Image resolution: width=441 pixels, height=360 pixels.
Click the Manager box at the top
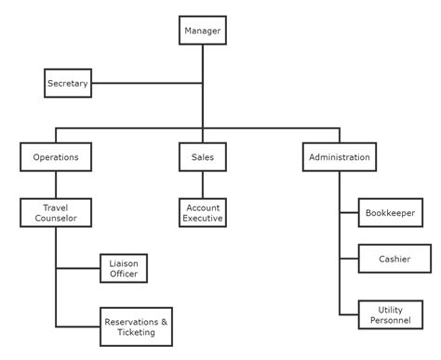tap(203, 32)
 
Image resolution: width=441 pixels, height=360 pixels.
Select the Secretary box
tap(67, 84)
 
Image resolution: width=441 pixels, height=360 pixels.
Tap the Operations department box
tap(56, 157)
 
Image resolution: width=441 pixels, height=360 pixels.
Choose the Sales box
tap(203, 157)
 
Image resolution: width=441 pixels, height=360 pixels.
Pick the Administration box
tap(340, 157)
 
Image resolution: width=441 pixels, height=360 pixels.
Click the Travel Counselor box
tap(56, 213)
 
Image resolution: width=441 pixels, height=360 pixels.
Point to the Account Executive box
tap(203, 213)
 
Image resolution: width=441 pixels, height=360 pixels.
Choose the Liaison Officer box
tap(124, 268)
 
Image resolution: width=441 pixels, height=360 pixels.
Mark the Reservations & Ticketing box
tap(136, 327)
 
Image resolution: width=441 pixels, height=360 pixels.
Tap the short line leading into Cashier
tap(350, 259)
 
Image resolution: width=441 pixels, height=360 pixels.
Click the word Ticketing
tap(136, 333)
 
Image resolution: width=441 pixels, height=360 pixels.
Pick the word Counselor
tap(56, 219)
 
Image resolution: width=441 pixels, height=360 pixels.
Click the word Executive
tap(203, 219)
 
